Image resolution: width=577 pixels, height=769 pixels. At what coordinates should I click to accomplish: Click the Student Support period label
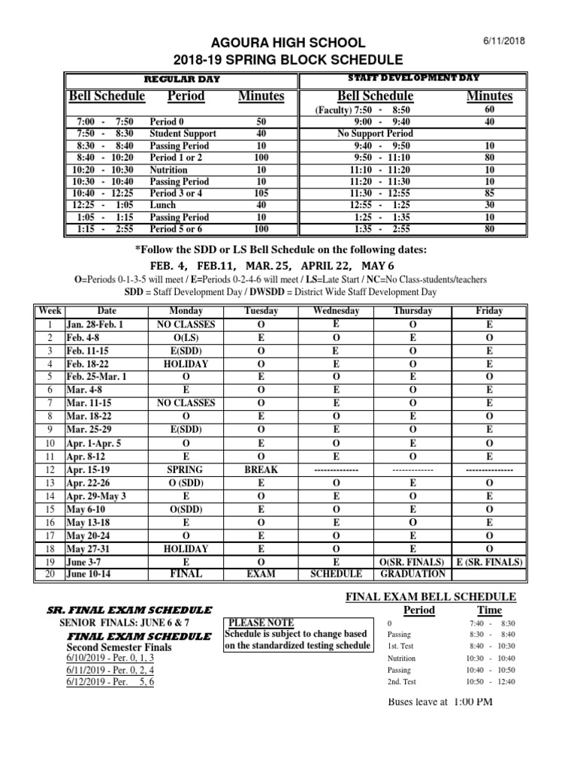tap(183, 134)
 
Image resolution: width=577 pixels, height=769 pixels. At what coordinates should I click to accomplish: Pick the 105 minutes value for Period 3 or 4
tap(261, 193)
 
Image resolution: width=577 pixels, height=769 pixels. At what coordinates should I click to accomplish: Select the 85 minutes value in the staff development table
tap(489, 193)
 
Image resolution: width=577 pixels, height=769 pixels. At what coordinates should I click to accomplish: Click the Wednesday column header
tap(336, 311)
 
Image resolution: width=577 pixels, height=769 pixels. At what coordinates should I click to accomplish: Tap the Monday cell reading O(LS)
tap(186, 338)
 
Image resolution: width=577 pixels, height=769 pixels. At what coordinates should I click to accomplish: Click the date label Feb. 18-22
tap(89, 363)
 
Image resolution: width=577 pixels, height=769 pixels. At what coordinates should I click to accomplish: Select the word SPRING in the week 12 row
tap(186, 469)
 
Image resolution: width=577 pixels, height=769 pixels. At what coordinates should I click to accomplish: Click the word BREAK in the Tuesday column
tap(261, 469)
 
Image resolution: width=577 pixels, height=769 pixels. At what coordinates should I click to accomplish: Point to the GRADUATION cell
tap(413, 574)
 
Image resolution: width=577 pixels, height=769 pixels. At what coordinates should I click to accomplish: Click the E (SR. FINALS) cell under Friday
tap(489, 561)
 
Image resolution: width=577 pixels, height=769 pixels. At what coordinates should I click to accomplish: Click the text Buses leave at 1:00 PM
tap(440, 701)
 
